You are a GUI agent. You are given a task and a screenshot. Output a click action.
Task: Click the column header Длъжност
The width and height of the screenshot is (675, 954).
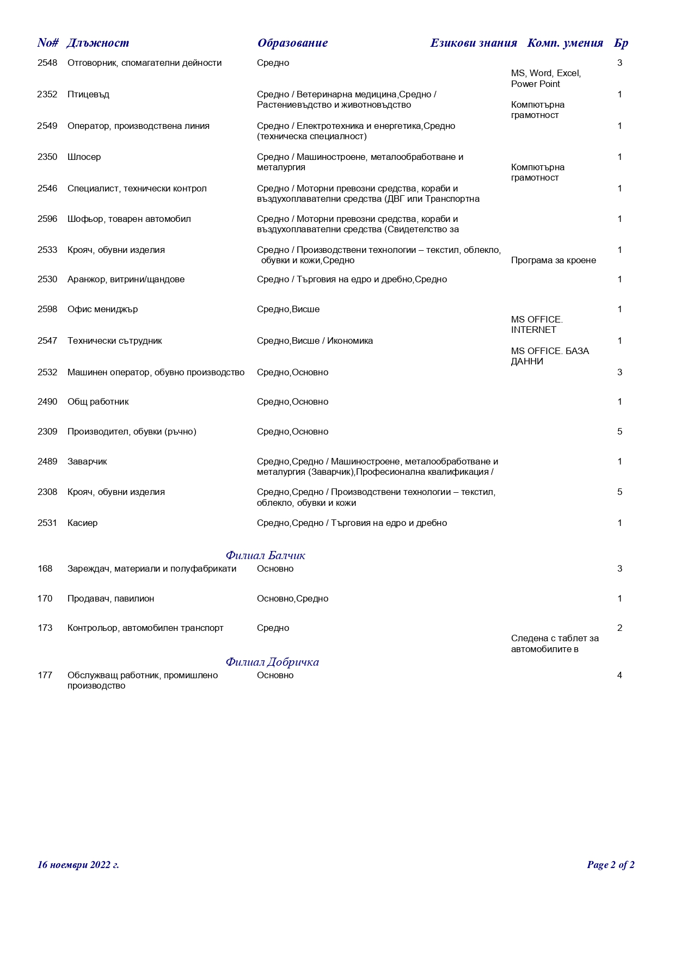pos(98,43)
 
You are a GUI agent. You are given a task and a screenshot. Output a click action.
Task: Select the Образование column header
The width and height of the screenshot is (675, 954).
pos(292,43)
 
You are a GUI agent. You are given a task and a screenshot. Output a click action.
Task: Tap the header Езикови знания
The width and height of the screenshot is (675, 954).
pos(473,43)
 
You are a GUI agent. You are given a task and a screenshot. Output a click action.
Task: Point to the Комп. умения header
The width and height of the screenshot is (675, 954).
pos(564,43)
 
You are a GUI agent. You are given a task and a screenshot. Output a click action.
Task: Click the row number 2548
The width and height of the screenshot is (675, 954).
pos(47,63)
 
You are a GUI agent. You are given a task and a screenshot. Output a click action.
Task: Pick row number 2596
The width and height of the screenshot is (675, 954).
pos(47,219)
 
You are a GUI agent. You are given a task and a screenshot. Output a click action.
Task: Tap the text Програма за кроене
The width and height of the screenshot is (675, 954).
pos(553,261)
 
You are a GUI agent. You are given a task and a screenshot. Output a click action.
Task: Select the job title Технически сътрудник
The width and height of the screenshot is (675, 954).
pos(114,341)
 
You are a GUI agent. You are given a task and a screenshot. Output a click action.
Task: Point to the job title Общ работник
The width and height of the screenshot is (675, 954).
pos(98,402)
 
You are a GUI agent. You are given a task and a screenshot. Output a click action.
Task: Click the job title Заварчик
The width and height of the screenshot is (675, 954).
pos(87,462)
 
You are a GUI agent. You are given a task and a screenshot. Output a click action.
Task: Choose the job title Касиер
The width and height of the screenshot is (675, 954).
pos(82,523)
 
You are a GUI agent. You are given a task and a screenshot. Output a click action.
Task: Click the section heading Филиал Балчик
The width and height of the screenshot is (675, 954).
pos(265,555)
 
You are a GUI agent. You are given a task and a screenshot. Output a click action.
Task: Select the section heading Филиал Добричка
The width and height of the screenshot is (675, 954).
pos(272,662)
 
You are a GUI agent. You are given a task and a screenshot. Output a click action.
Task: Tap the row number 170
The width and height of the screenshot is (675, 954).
pos(45,599)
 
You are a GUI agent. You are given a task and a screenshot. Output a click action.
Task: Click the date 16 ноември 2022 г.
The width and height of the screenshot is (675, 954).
pos(78,865)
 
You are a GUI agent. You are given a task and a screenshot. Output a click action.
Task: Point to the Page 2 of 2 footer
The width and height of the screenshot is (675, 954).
pos(610,865)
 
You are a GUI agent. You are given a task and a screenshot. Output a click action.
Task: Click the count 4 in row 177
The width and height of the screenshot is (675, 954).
pos(619,676)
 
